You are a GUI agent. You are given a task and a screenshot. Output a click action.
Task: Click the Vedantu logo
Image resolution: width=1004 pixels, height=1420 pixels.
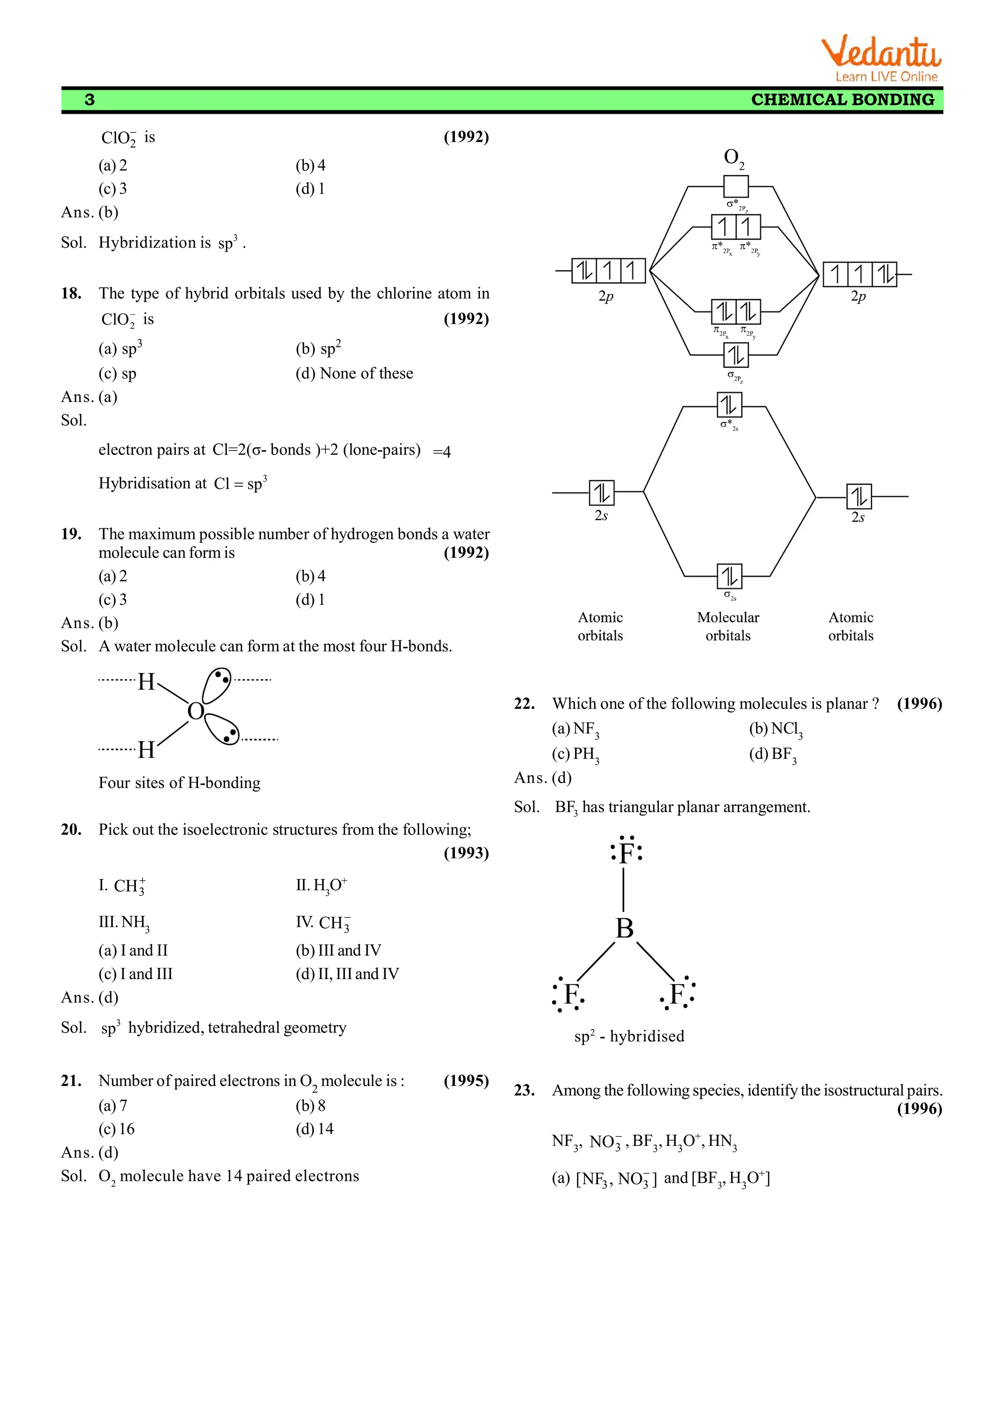880,59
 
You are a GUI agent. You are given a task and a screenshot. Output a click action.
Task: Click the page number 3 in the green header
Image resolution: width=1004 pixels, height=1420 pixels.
90,100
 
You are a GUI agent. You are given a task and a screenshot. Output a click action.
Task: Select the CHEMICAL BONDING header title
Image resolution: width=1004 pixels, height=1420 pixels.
842,100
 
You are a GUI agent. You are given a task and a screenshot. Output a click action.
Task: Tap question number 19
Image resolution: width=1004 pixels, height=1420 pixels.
71,534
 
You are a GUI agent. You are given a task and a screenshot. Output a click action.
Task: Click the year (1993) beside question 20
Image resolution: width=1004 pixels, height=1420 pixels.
466,853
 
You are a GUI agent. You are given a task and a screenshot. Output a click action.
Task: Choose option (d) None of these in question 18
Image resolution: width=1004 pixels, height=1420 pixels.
354,374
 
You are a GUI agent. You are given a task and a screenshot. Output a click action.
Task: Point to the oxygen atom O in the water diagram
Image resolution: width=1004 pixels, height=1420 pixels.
196,711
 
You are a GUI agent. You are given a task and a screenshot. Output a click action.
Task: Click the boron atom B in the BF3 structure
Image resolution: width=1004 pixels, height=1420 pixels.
625,928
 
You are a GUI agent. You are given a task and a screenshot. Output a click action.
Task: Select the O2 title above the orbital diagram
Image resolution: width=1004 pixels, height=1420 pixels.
734,158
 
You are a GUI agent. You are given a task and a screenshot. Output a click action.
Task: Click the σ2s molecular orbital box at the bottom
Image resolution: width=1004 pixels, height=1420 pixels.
729,577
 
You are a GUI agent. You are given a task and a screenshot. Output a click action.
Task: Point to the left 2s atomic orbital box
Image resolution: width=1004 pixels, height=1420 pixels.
602,492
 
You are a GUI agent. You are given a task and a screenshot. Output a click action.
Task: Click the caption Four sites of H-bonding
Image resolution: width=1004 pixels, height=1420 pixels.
179,783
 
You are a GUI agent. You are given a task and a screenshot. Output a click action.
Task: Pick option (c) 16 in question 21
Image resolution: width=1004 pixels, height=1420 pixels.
117,1129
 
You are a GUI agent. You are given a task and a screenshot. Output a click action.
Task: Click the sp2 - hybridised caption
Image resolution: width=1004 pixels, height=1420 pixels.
629,1037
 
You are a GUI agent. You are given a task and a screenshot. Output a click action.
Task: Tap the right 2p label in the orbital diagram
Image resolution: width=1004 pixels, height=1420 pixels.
858,296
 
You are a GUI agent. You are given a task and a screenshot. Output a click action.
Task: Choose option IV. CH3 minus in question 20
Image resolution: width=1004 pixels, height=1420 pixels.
324,923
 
